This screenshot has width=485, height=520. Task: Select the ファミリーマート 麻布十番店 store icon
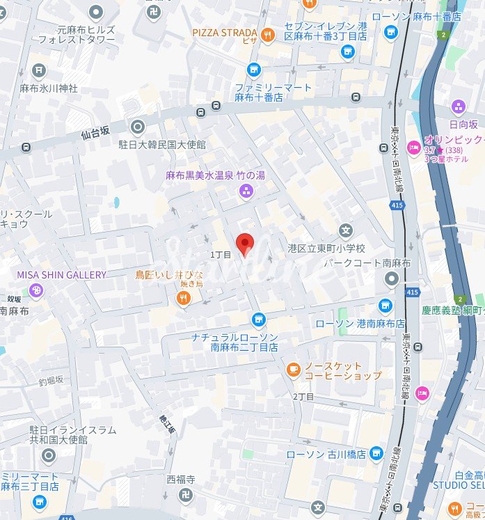pos(254,69)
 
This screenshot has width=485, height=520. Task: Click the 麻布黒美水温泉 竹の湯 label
pos(215,175)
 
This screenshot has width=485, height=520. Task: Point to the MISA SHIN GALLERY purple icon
pos(36,290)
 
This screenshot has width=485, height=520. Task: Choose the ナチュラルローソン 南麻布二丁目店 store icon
pos(259,319)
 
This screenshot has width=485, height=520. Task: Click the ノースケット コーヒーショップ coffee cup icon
pos(293,368)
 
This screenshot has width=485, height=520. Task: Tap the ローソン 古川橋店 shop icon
pos(376,452)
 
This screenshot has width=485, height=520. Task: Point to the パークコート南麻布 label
pos(360,263)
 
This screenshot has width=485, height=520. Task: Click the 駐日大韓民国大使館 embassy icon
pos(137,127)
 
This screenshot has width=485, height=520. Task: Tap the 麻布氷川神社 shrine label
pos(48,88)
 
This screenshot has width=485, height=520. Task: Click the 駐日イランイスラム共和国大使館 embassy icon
pos(48,456)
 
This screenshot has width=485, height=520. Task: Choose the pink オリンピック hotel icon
pos(413,147)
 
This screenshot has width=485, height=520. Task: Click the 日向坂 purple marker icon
pos(458,107)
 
